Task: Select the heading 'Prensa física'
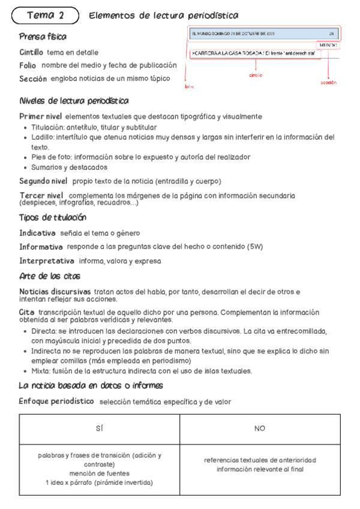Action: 43,37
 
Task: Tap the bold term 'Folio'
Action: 28,65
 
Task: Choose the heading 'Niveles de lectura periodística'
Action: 74,101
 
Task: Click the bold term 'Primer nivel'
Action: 40,116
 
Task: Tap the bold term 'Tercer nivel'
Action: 40,196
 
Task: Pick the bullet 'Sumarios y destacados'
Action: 69,167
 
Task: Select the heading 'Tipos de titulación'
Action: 53,217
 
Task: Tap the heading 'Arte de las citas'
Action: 50,276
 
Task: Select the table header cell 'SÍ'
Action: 99,429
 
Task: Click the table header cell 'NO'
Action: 260,429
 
